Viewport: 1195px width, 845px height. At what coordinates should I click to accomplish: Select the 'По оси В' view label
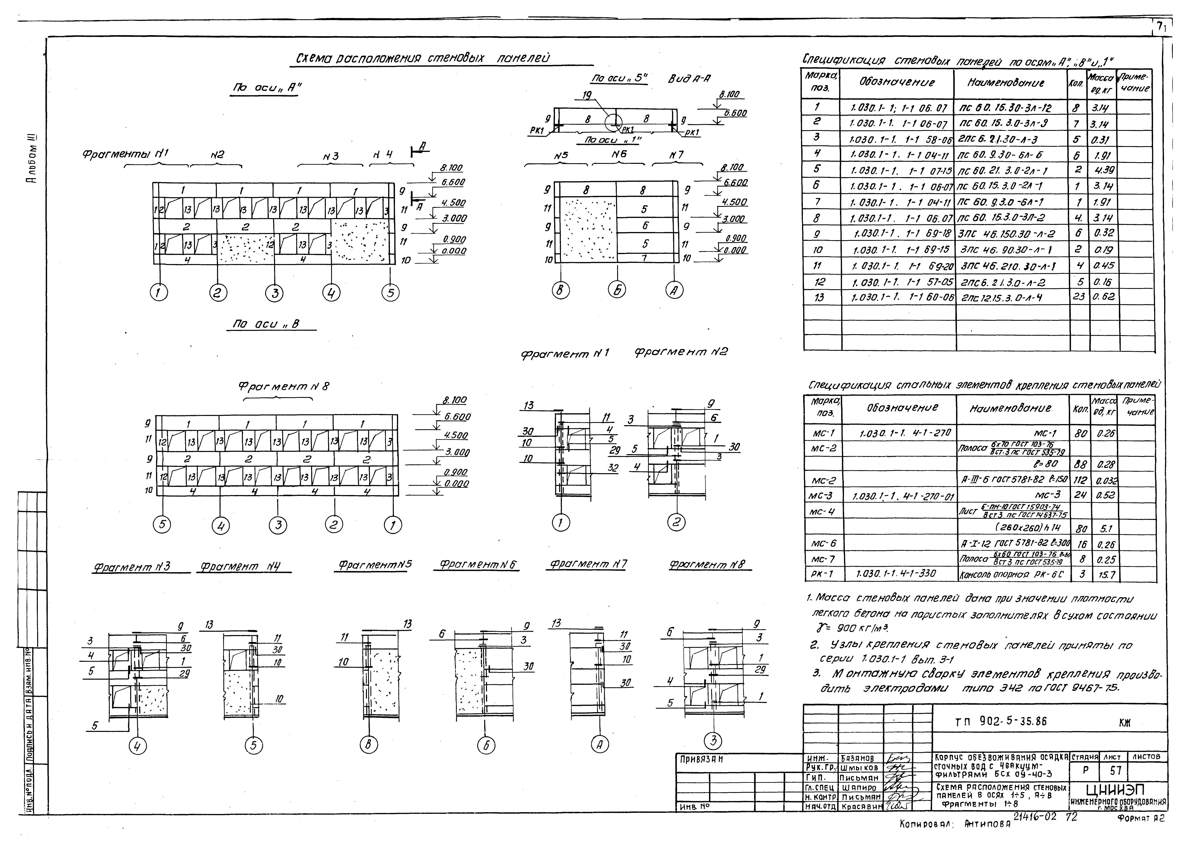point(266,324)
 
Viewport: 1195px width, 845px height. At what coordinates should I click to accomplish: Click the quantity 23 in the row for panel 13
point(1079,297)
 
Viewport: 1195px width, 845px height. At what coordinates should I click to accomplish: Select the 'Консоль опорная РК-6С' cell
point(1011,574)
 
